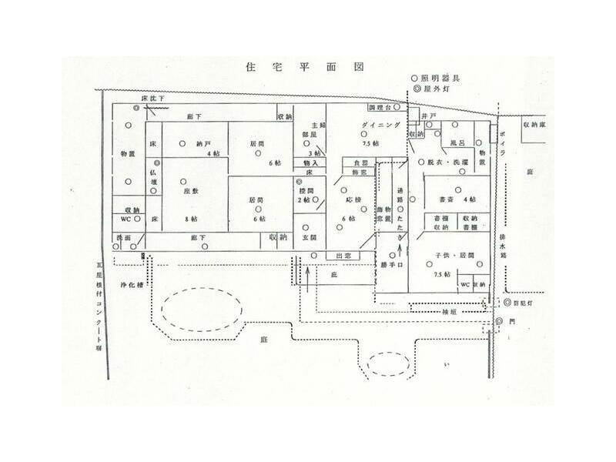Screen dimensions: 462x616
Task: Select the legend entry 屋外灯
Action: pos(440,89)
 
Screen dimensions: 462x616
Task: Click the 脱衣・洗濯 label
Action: pos(446,162)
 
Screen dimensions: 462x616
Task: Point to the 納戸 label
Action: pos(203,143)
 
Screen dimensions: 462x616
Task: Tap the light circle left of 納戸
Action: pos(183,143)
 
